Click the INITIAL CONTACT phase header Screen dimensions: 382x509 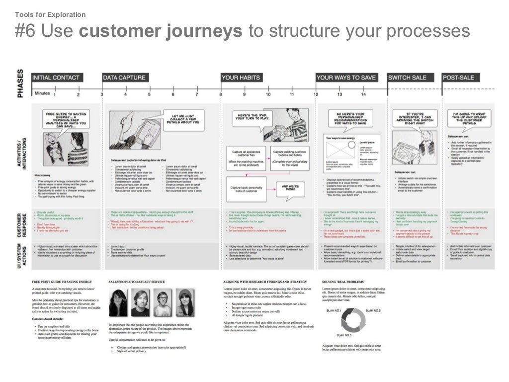[55, 78]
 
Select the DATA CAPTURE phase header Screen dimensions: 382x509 [124, 78]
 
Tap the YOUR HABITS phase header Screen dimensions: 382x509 [241, 78]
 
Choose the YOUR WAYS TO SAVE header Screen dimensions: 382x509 [346, 78]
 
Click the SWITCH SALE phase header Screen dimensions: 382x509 [407, 78]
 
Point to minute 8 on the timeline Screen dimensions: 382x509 [220, 94]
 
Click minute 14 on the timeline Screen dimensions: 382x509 [363, 94]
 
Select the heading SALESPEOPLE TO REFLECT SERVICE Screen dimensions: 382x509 [136, 282]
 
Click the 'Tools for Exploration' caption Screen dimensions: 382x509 [50, 14]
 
